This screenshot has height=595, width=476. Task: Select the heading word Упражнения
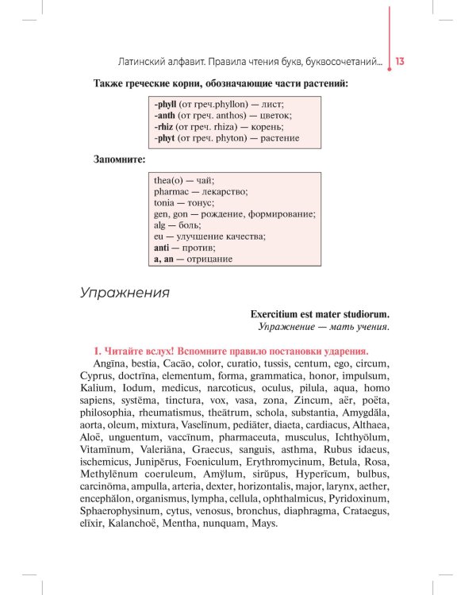click(125, 293)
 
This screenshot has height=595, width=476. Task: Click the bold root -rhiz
click(164, 126)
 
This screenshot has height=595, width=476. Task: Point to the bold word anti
click(163, 248)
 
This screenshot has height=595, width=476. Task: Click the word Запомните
click(119, 159)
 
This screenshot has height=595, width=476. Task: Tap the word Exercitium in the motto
click(278, 313)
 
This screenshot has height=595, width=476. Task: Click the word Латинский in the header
click(142, 61)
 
